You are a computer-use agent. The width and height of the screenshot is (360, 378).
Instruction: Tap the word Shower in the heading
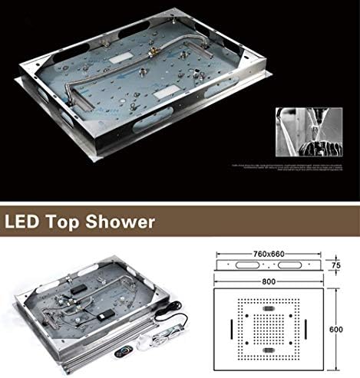[123, 224]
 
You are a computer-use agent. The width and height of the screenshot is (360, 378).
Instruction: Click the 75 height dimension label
[335, 265]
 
